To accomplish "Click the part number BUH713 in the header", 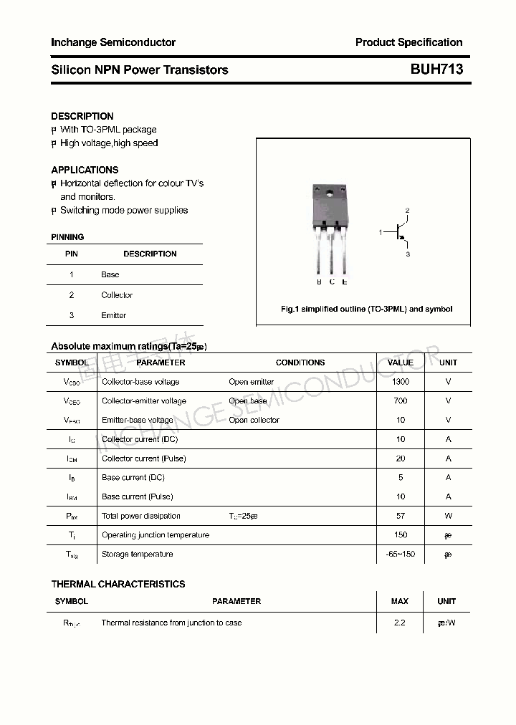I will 436,69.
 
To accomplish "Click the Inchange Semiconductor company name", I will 113,42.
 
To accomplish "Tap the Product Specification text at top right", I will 408,42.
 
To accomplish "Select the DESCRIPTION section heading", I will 82,116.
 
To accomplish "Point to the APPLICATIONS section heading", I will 85,170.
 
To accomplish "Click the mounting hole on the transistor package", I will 331,191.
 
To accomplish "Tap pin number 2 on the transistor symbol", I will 407,210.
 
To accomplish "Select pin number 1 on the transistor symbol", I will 381,232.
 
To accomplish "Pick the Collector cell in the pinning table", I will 117,295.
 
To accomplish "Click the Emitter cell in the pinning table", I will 114,315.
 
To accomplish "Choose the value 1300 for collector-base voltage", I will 401,382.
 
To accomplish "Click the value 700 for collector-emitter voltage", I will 401,401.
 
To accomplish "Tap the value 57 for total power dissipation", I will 401,516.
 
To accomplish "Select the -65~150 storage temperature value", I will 400,554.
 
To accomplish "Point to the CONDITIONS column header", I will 300,362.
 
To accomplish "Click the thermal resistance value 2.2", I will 400,623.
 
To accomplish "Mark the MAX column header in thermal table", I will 400,601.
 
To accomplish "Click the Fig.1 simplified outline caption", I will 366,309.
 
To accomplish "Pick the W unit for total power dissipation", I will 449,516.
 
